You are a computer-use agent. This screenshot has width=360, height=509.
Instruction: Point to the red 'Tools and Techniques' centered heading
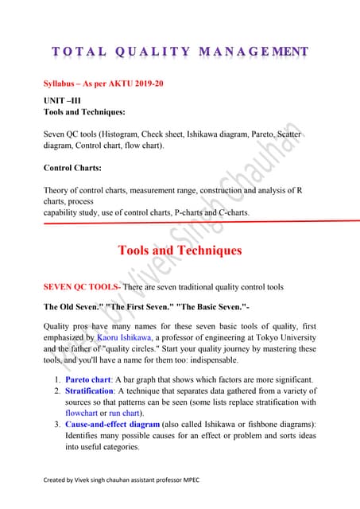(180, 251)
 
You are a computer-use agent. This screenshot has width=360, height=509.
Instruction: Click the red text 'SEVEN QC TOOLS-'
(82, 286)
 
